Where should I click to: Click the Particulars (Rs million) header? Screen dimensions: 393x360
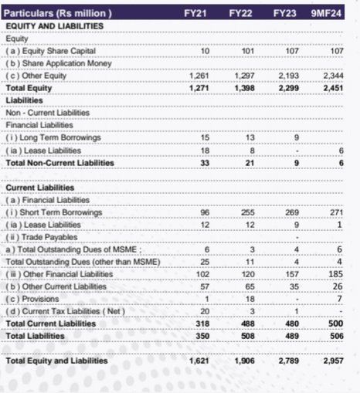tap(59, 14)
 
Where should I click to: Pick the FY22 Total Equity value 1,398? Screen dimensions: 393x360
tap(246, 89)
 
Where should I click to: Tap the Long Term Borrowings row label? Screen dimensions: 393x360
tap(53, 137)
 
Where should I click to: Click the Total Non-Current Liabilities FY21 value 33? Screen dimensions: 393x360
tap(204, 162)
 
